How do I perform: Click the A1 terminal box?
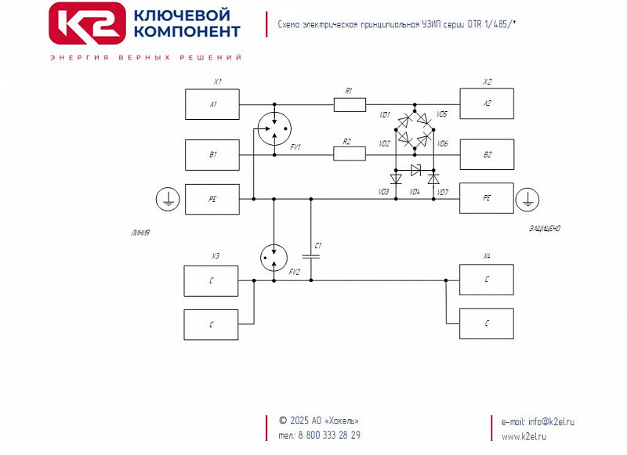click(x=212, y=104)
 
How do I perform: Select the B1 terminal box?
click(x=212, y=155)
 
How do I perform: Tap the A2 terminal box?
click(x=487, y=103)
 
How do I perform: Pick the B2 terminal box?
click(x=487, y=154)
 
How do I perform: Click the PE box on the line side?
click(x=212, y=199)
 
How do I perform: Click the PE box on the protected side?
click(x=487, y=198)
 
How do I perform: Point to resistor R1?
click(x=350, y=104)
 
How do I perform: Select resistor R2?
click(x=350, y=154)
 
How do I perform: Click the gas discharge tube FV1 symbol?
click(x=274, y=128)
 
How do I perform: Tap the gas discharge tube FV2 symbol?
click(x=274, y=255)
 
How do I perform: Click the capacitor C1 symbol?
click(x=311, y=255)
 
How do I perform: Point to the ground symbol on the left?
click(x=166, y=200)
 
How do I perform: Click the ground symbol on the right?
click(x=529, y=200)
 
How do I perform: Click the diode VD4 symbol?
click(x=415, y=170)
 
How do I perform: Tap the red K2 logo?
click(x=87, y=23)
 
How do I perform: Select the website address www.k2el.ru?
click(x=524, y=436)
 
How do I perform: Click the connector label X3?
click(x=216, y=256)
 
